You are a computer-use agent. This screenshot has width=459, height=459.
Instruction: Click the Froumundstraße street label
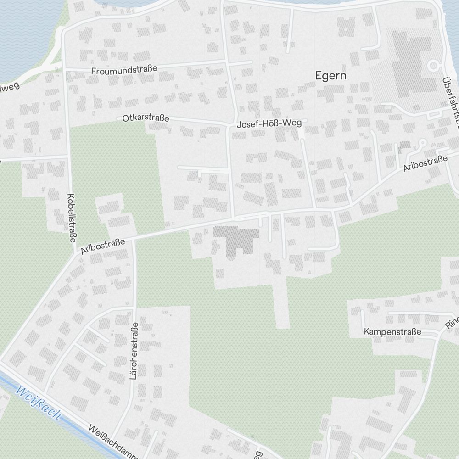click(124, 70)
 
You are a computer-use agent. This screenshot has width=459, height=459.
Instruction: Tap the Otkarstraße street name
click(146, 118)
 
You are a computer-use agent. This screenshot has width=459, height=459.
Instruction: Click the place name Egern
click(330, 76)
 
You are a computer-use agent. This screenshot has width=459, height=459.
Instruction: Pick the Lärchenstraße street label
click(134, 351)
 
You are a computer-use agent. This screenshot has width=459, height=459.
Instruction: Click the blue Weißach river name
click(38, 403)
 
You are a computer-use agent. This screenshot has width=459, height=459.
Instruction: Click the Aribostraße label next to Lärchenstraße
click(103, 245)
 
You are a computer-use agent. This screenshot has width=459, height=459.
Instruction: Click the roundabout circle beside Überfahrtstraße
click(432, 66)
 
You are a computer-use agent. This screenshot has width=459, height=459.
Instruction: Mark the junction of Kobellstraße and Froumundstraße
click(64, 70)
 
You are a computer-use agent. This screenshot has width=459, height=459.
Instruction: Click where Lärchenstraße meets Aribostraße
click(134, 238)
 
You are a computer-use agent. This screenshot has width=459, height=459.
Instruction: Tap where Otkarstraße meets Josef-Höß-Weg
click(229, 124)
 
